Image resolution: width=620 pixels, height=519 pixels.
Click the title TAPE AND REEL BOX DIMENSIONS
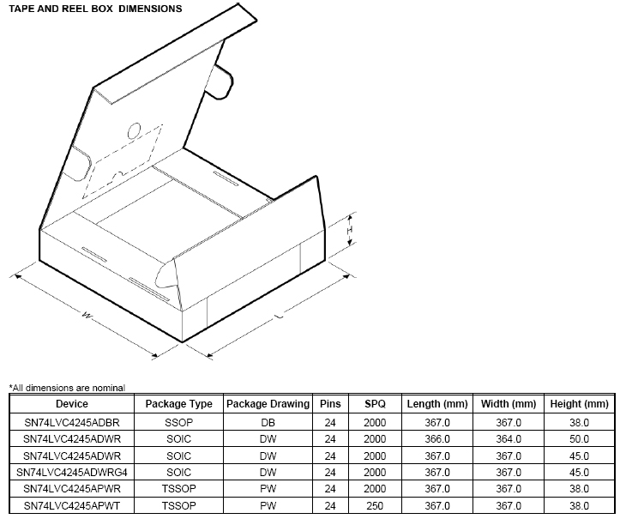95,9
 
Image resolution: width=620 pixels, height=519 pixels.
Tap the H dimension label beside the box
350,231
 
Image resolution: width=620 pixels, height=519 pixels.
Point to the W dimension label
87,315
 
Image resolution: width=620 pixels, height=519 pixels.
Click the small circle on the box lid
135,131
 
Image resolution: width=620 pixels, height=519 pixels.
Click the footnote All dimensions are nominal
67,388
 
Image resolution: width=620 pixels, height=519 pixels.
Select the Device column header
72,404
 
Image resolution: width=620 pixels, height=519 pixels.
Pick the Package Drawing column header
268,404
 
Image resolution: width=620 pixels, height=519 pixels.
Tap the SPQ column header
375,404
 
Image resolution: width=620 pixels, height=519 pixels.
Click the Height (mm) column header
580,404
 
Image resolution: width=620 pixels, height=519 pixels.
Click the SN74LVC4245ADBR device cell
72,423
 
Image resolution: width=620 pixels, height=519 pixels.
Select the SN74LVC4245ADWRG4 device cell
72,473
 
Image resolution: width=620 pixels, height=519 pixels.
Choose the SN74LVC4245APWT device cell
72,505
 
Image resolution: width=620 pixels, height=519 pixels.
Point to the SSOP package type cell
178,423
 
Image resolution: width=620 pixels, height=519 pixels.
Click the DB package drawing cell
268,423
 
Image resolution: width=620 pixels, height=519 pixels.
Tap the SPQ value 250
375,505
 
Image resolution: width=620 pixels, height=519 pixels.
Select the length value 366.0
436,439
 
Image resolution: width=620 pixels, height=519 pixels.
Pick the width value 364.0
508,439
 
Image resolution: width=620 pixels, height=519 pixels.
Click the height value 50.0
580,439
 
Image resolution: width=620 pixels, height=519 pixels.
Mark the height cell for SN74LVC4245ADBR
580,423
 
